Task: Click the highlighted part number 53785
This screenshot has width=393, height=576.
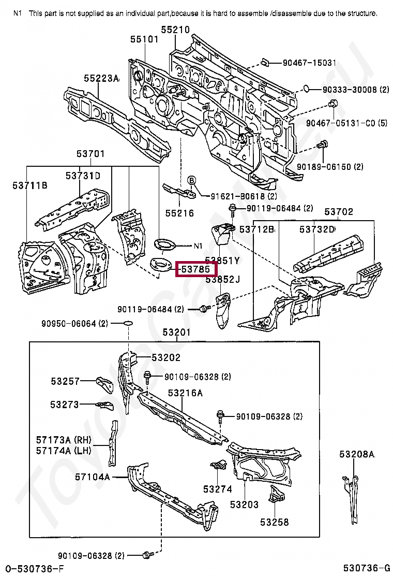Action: click(195, 269)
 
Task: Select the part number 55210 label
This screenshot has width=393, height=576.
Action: click(175, 30)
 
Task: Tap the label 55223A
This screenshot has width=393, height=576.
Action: click(102, 78)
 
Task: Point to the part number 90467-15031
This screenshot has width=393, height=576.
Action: click(309, 63)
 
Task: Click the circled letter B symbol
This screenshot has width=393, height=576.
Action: click(191, 180)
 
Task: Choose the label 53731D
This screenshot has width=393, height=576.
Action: click(83, 176)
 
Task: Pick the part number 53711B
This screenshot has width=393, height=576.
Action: click(30, 185)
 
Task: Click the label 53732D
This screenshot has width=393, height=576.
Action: click(317, 229)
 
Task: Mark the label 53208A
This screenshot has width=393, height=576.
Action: click(357, 454)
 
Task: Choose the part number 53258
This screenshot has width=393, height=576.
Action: click(275, 522)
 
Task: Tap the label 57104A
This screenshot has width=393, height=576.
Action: click(92, 477)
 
